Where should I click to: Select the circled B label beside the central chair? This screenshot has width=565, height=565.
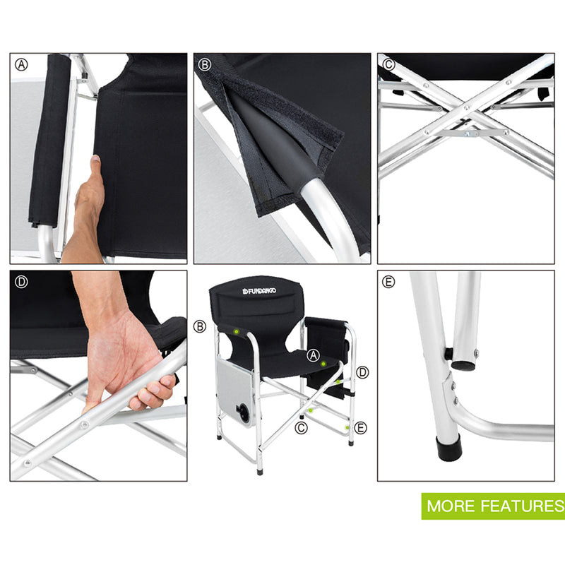199,326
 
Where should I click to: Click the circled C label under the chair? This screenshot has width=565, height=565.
302,427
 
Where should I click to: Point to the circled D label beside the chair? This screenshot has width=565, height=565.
363,371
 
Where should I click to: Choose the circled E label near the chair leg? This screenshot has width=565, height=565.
362,427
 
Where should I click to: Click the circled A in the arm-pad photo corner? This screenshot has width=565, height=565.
22,65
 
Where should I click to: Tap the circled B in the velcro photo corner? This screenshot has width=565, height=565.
206,65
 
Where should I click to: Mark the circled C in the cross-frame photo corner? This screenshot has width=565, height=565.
388,65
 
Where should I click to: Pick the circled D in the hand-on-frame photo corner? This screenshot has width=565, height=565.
22,282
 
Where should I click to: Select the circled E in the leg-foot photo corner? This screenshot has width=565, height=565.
388,282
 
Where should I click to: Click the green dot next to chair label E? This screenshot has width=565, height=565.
346,427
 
